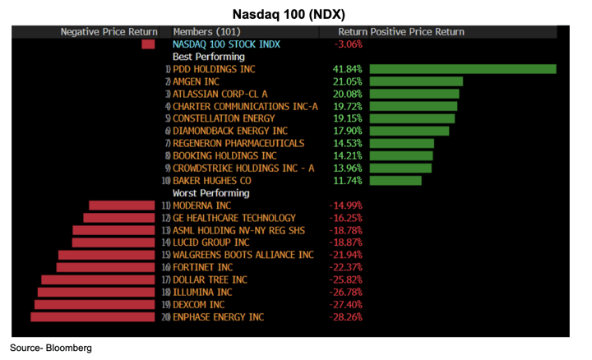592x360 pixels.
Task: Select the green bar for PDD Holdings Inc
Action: (x=463, y=69)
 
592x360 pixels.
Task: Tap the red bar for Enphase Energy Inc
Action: (x=93, y=316)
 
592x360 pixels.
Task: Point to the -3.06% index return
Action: (x=348, y=44)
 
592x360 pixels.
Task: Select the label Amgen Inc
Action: (x=196, y=81)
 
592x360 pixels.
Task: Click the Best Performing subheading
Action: (x=208, y=57)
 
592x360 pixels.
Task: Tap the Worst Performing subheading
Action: (x=210, y=193)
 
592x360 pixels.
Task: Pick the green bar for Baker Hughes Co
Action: (x=395, y=180)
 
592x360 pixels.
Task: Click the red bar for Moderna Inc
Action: (x=122, y=205)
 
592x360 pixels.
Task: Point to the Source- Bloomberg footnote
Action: (x=51, y=348)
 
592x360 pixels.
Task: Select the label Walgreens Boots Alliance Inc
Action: (x=243, y=255)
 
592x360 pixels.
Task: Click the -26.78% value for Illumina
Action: (x=345, y=292)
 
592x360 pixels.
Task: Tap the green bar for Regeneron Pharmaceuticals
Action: (x=401, y=143)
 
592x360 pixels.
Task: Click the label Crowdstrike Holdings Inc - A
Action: (x=243, y=168)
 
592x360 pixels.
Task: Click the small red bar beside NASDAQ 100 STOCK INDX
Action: (x=148, y=44)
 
